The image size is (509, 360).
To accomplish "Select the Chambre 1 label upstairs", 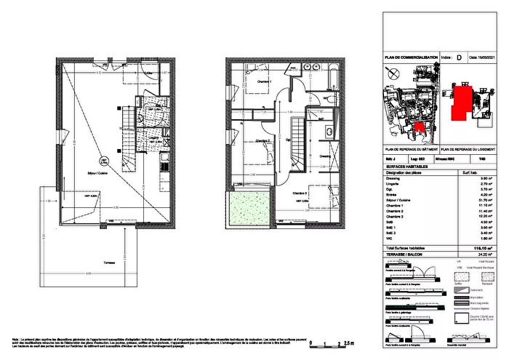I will (x=262, y=81).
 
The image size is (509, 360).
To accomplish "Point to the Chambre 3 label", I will (x=300, y=193).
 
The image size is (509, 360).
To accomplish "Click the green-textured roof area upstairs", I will (x=249, y=208).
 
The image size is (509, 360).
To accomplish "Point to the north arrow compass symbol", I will (x=393, y=73).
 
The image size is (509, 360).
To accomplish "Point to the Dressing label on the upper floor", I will (x=325, y=155).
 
